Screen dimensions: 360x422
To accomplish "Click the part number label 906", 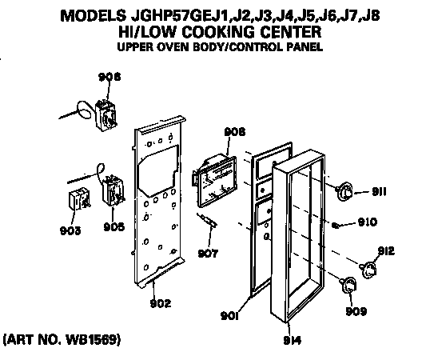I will coord(109,78).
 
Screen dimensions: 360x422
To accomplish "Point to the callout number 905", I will coord(113,226).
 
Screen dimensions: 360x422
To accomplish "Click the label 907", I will coord(208,255).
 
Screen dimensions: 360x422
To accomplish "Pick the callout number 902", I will coord(161,303).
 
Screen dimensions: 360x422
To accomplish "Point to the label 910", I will coord(367,222).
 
